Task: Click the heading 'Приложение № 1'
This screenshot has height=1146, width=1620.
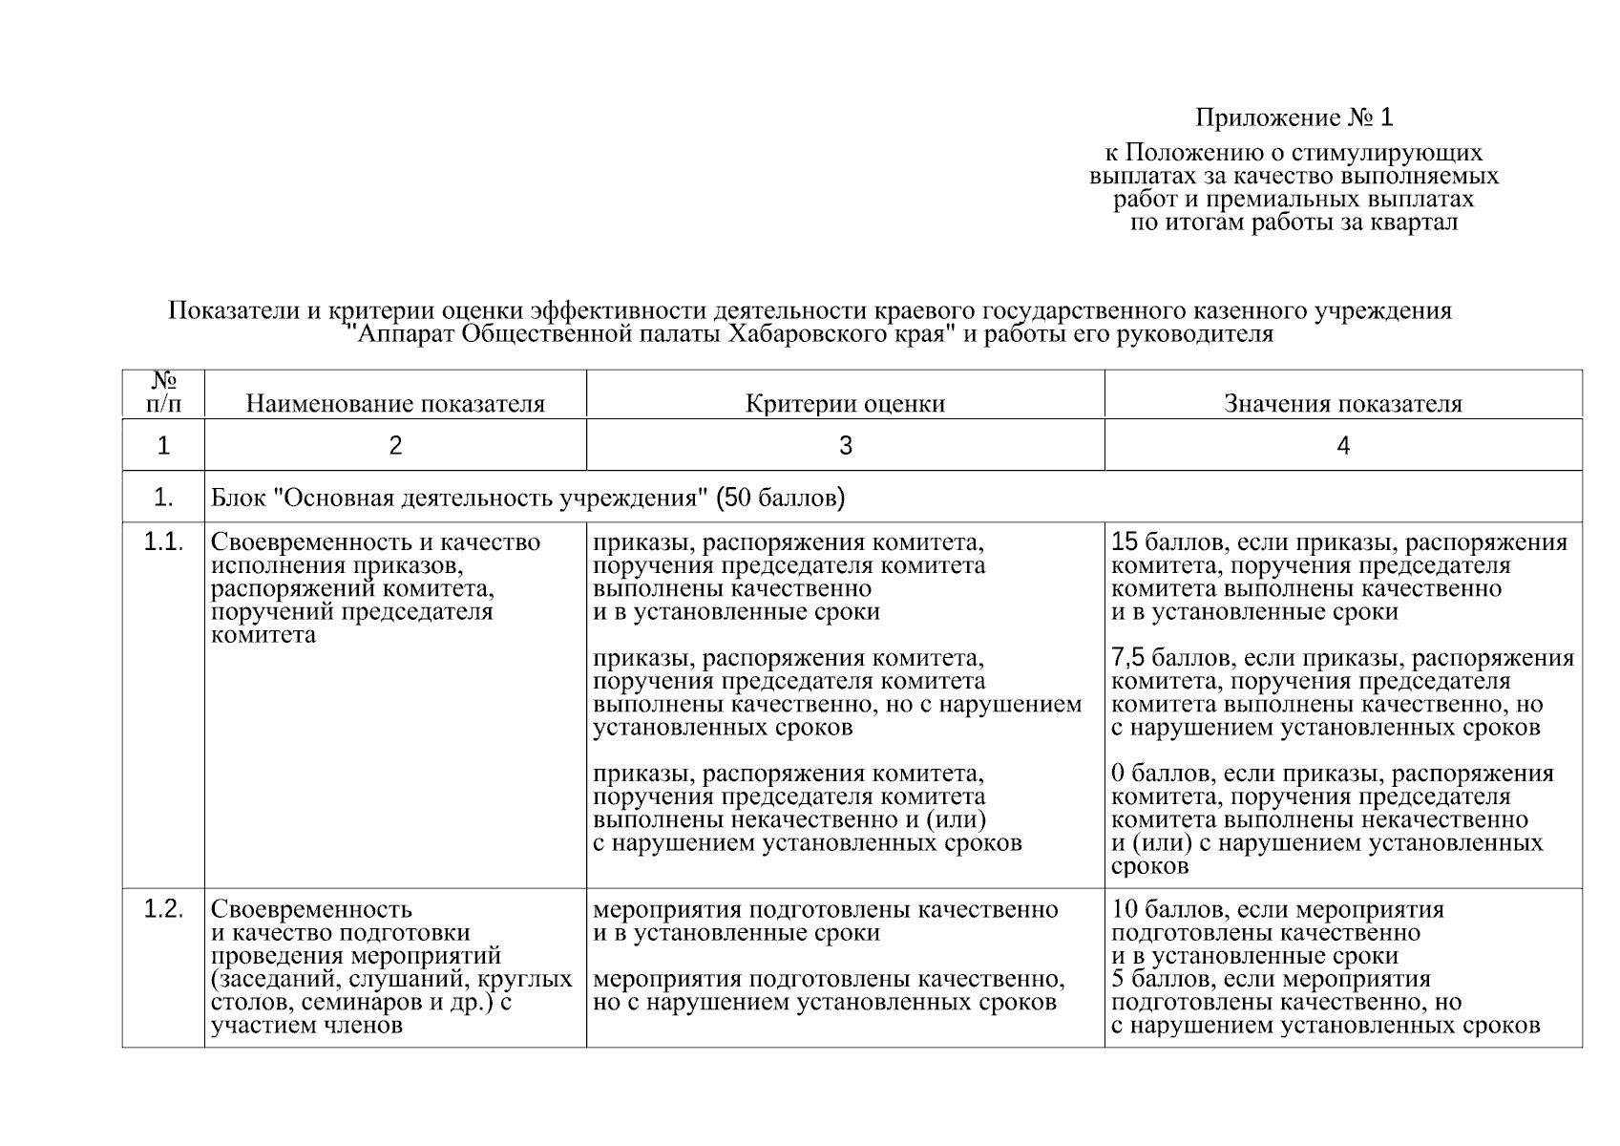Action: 1294,117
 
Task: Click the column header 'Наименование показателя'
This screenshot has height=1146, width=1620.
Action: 395,404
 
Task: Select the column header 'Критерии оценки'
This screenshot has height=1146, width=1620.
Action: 845,404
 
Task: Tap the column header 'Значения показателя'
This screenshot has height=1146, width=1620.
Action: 1342,404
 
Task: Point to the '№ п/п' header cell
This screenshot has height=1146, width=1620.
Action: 163,393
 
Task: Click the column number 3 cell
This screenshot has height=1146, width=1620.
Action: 845,445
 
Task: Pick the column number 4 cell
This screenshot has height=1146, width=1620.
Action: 1343,445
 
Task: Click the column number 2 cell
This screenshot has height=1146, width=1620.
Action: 395,445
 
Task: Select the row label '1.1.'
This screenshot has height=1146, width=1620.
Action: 163,542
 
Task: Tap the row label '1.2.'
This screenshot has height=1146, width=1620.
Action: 163,909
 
